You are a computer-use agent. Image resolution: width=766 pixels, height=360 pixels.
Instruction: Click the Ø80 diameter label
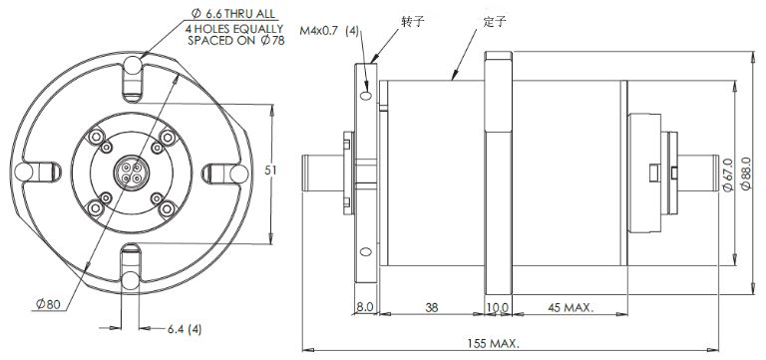tap(48, 304)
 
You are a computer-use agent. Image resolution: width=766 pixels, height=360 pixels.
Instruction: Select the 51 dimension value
tap(270, 170)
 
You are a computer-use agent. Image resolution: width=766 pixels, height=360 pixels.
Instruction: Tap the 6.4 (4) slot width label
tap(185, 329)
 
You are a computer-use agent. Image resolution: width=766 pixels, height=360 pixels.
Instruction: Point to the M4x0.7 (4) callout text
tap(329, 31)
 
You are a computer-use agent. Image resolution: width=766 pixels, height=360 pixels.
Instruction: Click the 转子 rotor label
tap(411, 22)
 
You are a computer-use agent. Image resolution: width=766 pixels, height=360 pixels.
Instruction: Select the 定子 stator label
tap(494, 22)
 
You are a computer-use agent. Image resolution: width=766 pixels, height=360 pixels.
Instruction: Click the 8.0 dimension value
tap(364, 307)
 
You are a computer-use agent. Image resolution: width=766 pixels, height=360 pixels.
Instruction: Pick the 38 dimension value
tap(431, 307)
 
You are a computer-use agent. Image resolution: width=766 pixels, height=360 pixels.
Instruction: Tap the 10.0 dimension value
tap(499, 307)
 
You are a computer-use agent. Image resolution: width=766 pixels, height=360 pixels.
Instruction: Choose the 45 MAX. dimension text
tap(571, 308)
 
